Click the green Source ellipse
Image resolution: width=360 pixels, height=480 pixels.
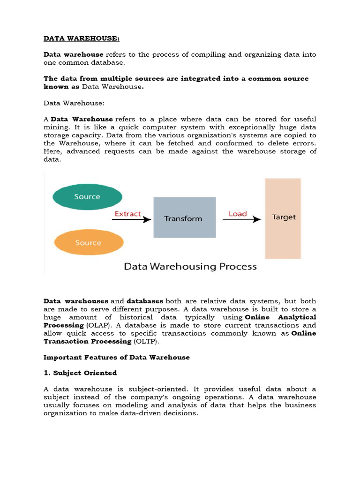tap(87, 197)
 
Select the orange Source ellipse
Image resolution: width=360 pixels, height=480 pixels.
tap(88, 242)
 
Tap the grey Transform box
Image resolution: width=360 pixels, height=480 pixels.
tap(185, 218)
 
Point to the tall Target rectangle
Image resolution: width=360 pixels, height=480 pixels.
tap(283, 218)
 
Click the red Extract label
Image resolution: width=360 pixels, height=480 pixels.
tap(127, 214)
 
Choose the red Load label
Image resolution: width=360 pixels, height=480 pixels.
tap(238, 214)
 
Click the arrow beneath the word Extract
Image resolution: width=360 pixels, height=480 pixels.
tap(133, 219)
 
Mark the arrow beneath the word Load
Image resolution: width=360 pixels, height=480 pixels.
tap(241, 219)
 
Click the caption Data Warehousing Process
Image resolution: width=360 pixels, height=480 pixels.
tap(190, 266)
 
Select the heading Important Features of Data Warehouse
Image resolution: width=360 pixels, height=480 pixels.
tap(117, 357)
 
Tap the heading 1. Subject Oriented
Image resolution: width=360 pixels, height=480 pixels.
tap(80, 373)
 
